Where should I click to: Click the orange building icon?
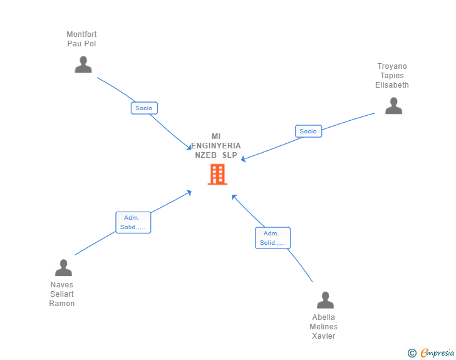217,175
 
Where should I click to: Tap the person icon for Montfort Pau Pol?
83,64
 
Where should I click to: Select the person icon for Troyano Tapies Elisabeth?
393,106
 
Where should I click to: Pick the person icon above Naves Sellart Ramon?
63,268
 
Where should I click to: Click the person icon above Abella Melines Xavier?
325,301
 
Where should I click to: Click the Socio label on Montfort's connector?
144,108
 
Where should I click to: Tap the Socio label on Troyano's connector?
308,131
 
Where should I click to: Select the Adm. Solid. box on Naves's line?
133,222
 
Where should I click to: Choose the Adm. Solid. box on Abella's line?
272,238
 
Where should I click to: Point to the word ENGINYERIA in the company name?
216,146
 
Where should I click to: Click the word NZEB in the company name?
206,155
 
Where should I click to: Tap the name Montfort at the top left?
81,34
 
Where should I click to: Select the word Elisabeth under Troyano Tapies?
392,85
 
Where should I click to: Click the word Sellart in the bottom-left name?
62,294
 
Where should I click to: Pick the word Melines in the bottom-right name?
323,327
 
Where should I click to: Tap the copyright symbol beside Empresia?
412,353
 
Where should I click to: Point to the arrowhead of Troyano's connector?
243,160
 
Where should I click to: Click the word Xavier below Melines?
323,336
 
